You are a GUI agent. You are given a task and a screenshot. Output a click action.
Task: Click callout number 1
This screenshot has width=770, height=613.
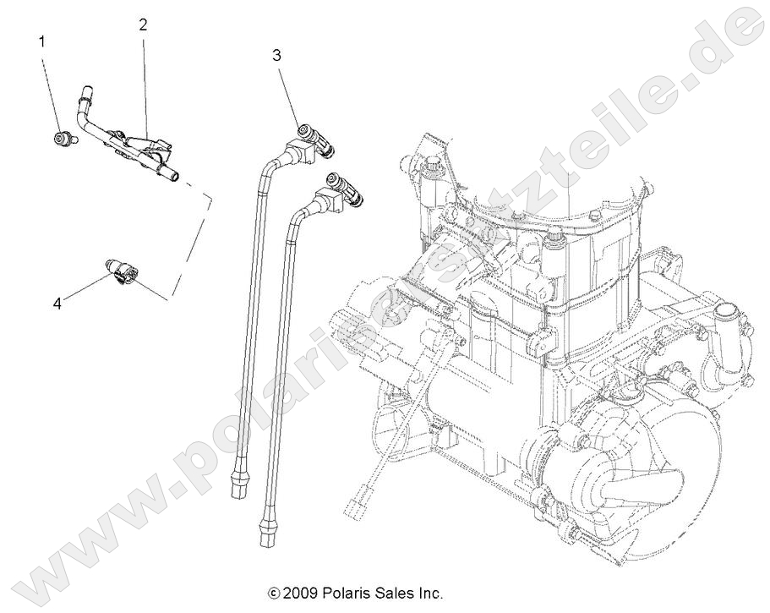point(41,41)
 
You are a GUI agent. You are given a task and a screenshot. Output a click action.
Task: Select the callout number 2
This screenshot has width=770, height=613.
point(144,25)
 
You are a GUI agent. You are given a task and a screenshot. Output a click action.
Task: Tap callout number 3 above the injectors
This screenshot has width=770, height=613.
point(276,56)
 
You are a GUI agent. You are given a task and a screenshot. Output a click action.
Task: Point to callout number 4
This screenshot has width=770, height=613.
point(57,304)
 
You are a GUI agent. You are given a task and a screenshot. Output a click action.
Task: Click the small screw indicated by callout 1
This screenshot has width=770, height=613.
point(63,139)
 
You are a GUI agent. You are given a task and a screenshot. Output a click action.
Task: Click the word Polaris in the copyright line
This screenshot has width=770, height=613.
point(345,593)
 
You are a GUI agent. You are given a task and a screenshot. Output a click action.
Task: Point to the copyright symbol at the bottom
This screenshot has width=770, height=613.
point(273,593)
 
